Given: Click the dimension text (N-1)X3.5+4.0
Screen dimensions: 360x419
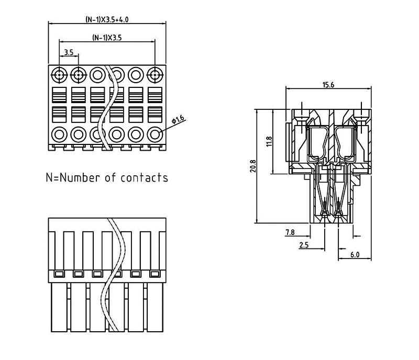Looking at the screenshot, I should click(x=107, y=19).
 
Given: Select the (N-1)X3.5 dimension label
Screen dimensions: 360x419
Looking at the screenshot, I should click(x=107, y=37).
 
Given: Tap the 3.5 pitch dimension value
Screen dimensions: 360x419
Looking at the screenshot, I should click(x=69, y=53).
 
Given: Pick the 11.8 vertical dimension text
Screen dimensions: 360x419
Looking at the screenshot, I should click(x=269, y=141).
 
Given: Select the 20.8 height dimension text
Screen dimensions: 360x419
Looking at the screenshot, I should click(x=252, y=166).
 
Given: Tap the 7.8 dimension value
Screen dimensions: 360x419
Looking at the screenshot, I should click(x=290, y=232).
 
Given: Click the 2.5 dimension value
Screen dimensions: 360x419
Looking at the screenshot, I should click(x=303, y=244).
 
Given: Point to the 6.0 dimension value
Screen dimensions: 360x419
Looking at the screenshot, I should click(x=355, y=255).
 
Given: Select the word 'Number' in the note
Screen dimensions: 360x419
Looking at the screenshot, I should click(x=80, y=177).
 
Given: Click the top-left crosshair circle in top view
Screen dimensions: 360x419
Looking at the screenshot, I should click(x=59, y=75).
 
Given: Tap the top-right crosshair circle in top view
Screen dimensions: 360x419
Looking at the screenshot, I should click(x=155, y=75).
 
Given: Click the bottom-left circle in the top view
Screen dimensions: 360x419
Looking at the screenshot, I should click(x=59, y=134).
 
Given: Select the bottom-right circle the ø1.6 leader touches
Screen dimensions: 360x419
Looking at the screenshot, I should click(x=155, y=134).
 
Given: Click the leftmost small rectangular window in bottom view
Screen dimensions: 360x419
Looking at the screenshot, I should click(x=59, y=274).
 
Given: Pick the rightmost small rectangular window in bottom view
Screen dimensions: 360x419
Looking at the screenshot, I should click(x=155, y=274).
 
